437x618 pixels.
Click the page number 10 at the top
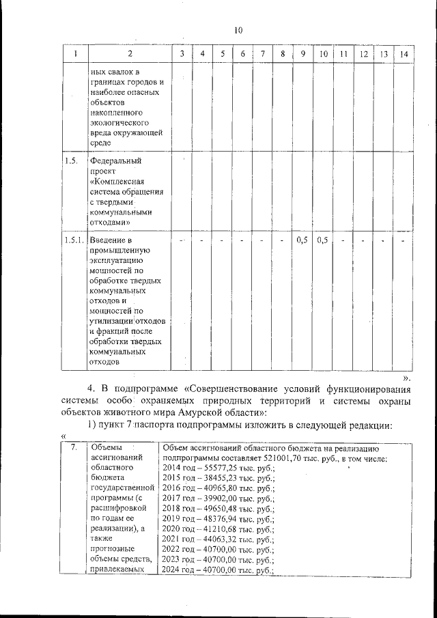(x=238, y=30)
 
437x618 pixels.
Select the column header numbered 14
(x=404, y=54)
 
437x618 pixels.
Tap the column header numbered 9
(x=302, y=54)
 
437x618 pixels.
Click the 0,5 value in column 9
(x=302, y=240)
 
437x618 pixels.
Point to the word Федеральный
(x=115, y=162)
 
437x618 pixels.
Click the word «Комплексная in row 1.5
(x=118, y=182)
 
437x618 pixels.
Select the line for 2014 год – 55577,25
(x=218, y=469)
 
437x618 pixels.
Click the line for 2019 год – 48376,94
(x=218, y=519)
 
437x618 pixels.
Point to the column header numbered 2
(x=130, y=54)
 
